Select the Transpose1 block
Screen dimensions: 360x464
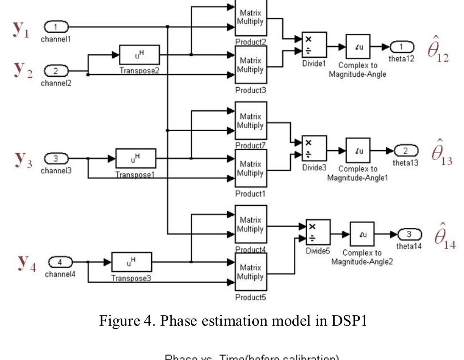click(135, 158)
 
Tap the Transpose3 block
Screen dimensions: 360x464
click(131, 262)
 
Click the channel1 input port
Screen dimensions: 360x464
click(56, 26)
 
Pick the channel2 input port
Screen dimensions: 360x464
click(56, 72)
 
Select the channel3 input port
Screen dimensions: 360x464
click(56, 158)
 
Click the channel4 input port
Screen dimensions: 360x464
click(60, 262)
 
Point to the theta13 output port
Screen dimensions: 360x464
click(405, 151)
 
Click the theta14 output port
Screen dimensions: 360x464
click(409, 234)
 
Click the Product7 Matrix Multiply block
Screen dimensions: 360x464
click(251, 121)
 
